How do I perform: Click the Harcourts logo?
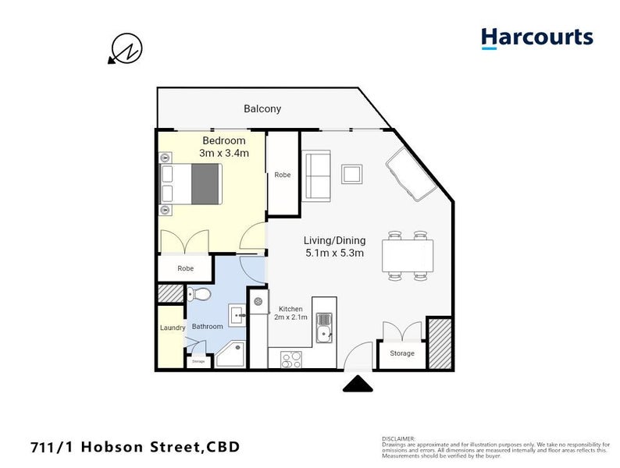pyautogui.click(x=536, y=38)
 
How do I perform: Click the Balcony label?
pyautogui.click(x=262, y=109)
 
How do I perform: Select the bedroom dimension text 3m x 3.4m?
pyautogui.click(x=223, y=153)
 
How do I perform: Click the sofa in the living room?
pyautogui.click(x=317, y=175)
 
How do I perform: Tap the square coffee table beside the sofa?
pyautogui.click(x=352, y=173)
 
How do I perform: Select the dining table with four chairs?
pyautogui.click(x=407, y=255)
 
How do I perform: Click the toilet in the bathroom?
pyautogui.click(x=198, y=295)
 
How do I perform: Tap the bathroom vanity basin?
pyautogui.click(x=238, y=317)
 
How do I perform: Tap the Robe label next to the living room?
pyautogui.click(x=283, y=175)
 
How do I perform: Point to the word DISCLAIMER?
pyautogui.click(x=398, y=438)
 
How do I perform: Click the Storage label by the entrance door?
pyautogui.click(x=401, y=353)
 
